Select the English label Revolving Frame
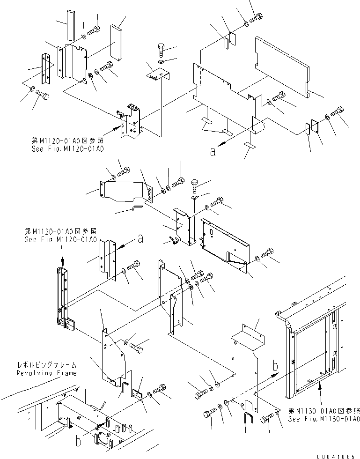[x=47, y=373]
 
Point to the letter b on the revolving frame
[x=79, y=441]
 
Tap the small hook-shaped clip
[x=173, y=240]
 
